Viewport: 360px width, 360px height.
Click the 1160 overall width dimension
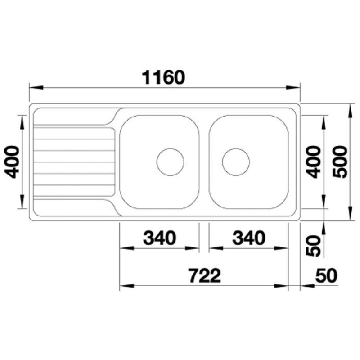click(163, 77)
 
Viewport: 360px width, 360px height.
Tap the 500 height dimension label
click(340, 162)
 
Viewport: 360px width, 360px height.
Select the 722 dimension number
click(205, 275)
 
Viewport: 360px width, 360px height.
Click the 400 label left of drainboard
click(12, 162)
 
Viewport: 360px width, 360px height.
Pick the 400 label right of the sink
click(314, 162)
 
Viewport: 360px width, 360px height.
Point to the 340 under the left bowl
click(160, 238)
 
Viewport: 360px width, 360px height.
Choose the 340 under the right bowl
click(249, 238)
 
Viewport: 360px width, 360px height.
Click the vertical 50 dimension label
click(313, 246)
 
